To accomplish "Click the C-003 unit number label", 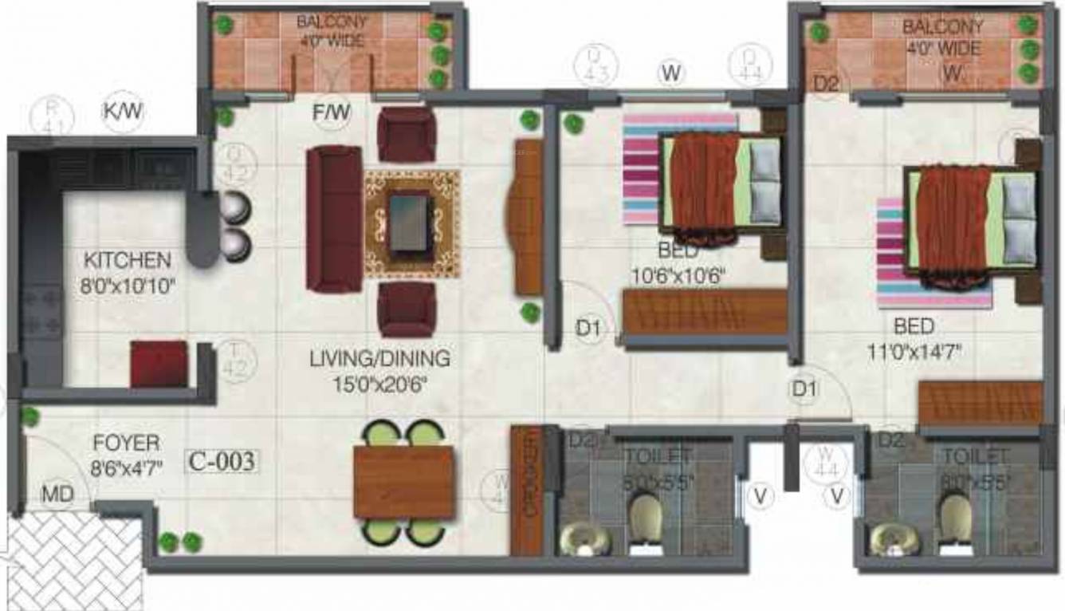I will pyautogui.click(x=222, y=461).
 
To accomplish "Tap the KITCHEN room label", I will pyautogui.click(x=128, y=260).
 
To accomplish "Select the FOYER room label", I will pyautogui.click(x=126, y=443).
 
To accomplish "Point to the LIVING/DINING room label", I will pyautogui.click(x=379, y=359).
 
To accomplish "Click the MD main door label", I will pyautogui.click(x=57, y=495).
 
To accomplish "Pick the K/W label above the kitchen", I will pyautogui.click(x=123, y=112).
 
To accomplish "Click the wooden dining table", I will pyautogui.click(x=403, y=482).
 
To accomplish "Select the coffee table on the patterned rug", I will pyautogui.click(x=411, y=223).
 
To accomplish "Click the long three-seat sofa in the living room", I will pyautogui.click(x=335, y=219).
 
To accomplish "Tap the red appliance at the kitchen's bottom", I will pyautogui.click(x=159, y=365).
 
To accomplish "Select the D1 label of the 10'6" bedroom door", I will pyautogui.click(x=588, y=328).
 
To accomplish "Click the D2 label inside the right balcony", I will pyautogui.click(x=827, y=83).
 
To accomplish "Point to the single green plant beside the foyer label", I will pyautogui.click(x=29, y=416).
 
